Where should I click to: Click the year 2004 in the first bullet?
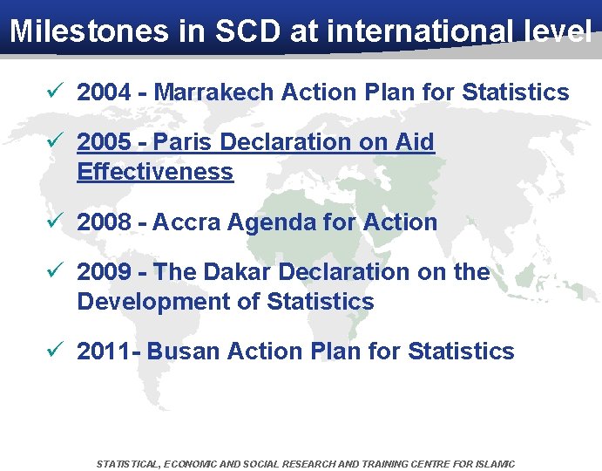tap(105, 92)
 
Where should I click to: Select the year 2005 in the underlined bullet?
tap(105, 142)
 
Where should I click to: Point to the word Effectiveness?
tap(155, 172)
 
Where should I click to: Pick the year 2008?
tap(105, 222)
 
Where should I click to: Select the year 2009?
tap(105, 272)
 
